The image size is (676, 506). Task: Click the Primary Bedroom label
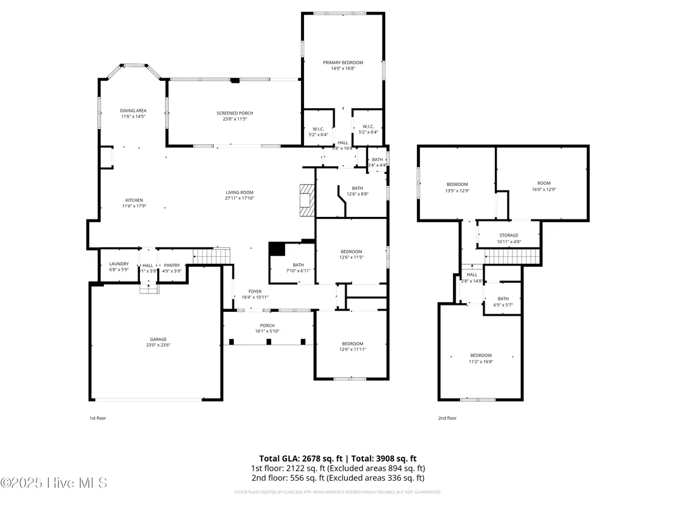coord(343,63)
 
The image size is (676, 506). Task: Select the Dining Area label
coord(133,111)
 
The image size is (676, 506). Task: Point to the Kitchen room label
coord(134,201)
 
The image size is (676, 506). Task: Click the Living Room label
coord(239,193)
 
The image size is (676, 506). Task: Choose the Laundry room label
coord(119,264)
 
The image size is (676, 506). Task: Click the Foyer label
coord(255,292)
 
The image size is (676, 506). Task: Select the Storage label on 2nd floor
coord(508,235)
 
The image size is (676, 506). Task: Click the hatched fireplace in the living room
coord(307,201)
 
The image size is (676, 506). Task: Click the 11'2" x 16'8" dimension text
coord(480,362)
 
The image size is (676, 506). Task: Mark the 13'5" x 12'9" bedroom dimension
coord(457,190)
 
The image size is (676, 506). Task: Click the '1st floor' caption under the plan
coord(98,418)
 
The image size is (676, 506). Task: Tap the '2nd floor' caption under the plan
coord(447,418)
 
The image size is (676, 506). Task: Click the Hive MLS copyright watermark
coord(54,483)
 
